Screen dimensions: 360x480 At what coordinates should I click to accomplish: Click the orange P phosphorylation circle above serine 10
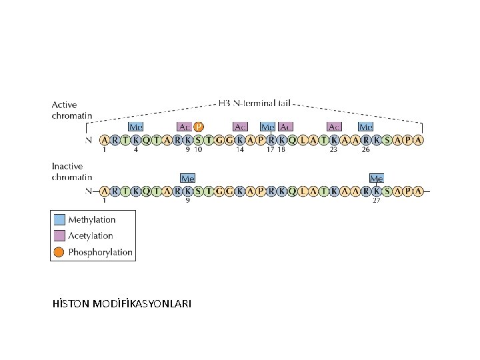(199, 127)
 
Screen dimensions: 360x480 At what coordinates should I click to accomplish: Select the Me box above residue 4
(136, 127)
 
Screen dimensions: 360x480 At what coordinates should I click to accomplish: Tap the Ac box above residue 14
(241, 127)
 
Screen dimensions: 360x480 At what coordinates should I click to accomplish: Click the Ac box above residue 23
(334, 127)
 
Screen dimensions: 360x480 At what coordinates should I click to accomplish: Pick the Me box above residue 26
(366, 127)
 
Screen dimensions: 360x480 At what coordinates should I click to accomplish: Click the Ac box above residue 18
(285, 127)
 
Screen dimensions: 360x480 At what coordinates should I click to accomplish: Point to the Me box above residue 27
(377, 178)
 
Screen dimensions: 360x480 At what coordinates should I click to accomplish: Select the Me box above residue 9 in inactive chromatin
(188, 178)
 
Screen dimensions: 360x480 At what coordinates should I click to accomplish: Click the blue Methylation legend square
(59, 219)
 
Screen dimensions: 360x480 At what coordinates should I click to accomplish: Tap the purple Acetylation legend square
(59, 235)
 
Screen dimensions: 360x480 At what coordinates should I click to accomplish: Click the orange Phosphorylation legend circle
(59, 252)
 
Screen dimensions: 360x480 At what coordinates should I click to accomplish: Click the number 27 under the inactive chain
(377, 201)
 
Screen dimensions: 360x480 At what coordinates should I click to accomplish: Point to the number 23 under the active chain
(333, 150)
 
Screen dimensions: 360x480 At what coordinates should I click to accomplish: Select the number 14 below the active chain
(240, 150)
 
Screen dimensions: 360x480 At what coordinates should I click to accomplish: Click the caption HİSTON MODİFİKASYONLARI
(121, 303)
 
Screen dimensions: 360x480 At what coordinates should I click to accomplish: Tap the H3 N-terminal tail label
(255, 104)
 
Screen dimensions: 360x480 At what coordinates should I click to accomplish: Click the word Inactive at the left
(67, 166)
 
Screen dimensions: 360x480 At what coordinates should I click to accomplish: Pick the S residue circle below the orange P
(199, 140)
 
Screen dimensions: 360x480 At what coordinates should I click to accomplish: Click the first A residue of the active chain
(105, 140)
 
